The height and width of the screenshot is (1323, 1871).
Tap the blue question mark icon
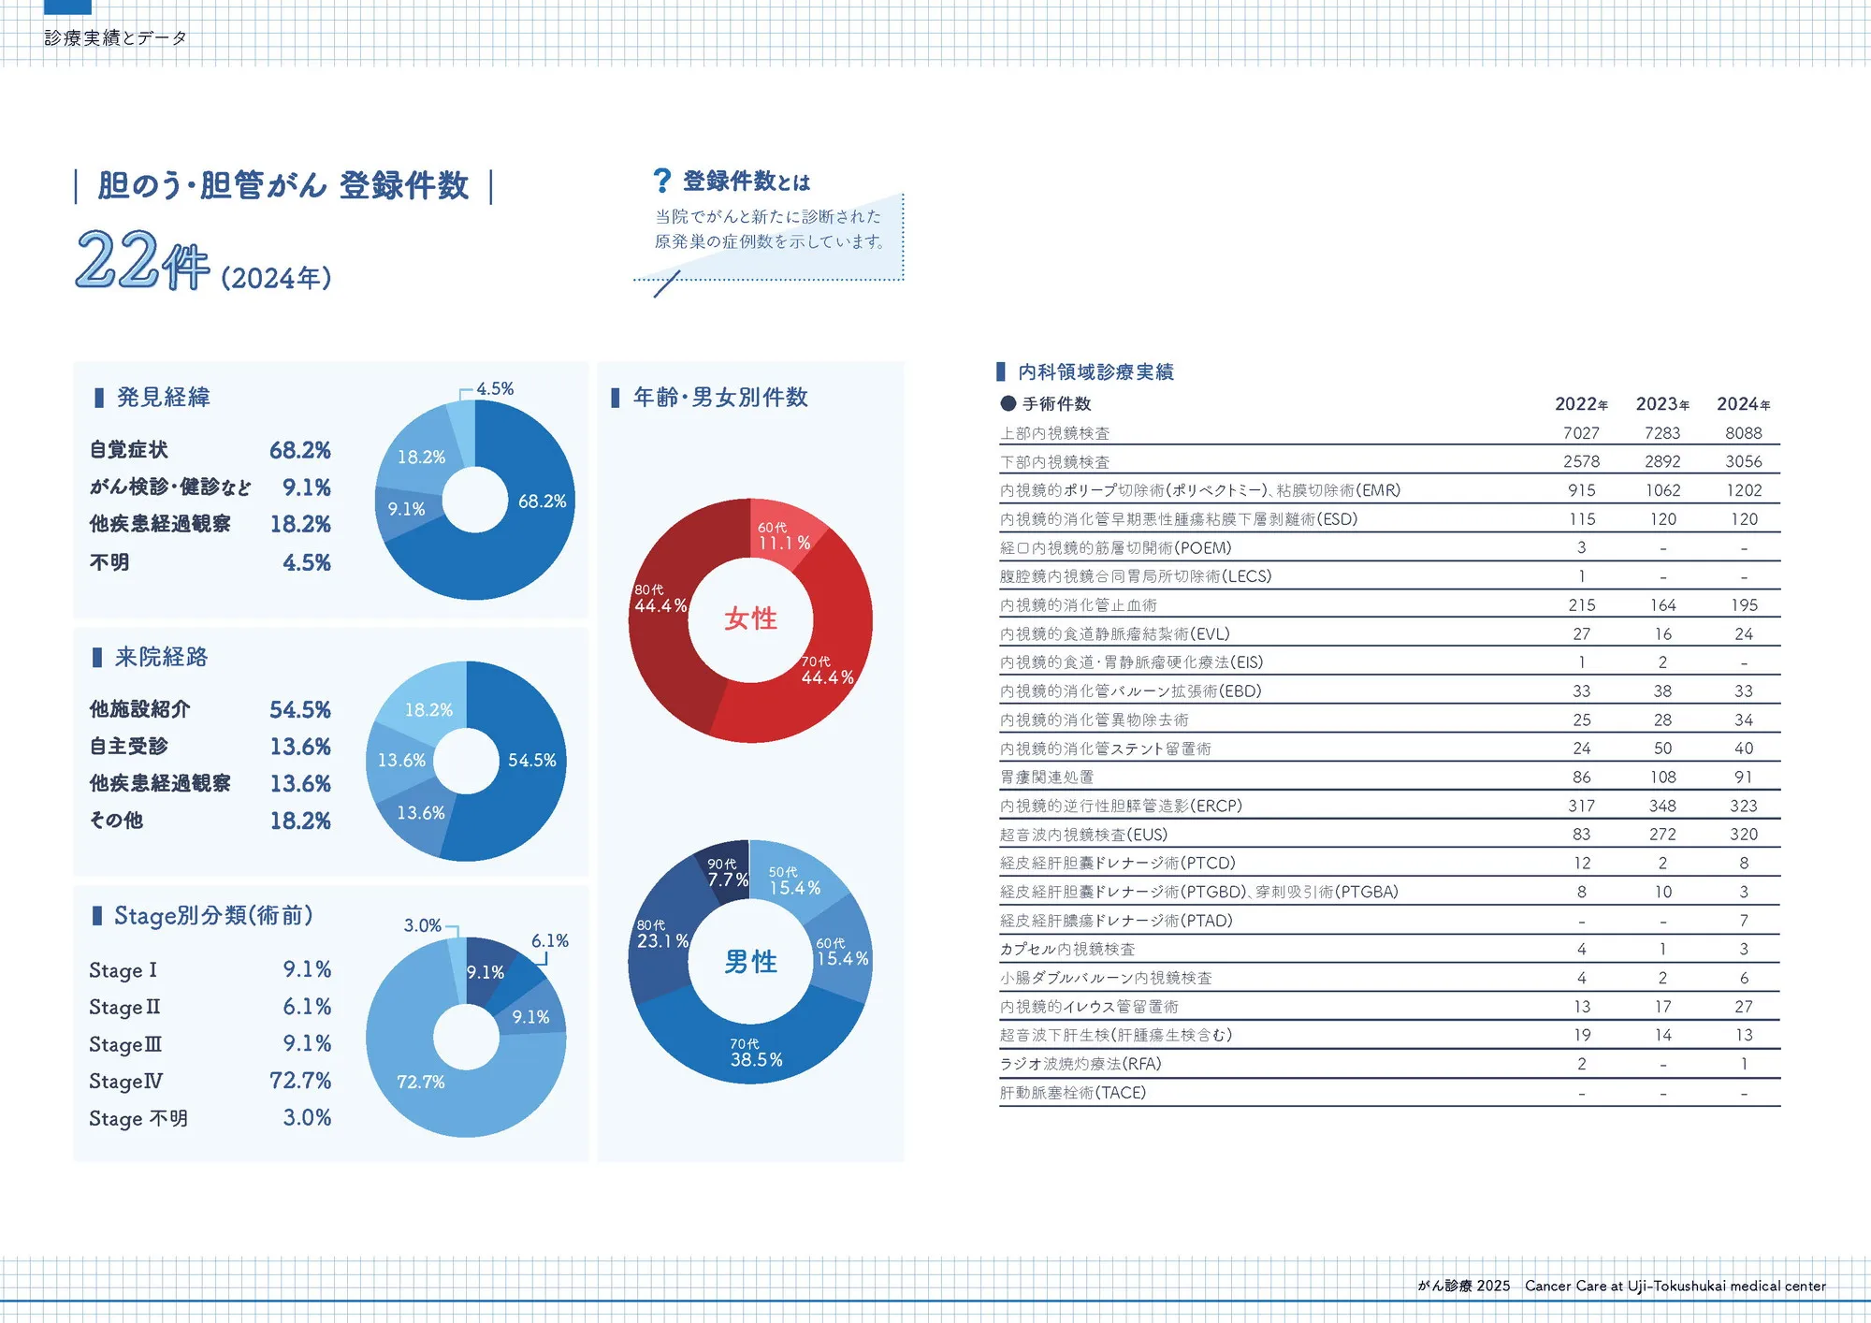[661, 180]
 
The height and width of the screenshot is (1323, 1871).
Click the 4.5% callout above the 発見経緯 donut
[494, 388]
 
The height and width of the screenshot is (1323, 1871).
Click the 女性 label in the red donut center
[750, 618]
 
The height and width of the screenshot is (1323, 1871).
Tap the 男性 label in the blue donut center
[750, 962]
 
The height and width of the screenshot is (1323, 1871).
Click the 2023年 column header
[1661, 404]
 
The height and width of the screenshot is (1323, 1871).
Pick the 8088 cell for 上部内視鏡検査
[1743, 433]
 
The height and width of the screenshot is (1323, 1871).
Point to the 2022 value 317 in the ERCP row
[1581, 806]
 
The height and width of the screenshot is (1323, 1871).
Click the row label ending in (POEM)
[1115, 548]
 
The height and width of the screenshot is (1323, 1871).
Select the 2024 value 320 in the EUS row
[1743, 835]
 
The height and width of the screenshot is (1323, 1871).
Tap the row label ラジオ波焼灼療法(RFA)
[1081, 1064]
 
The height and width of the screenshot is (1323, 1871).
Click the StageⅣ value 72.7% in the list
[300, 1081]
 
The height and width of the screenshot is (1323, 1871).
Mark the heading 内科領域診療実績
[1095, 372]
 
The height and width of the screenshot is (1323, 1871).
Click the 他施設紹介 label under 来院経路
[139, 709]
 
